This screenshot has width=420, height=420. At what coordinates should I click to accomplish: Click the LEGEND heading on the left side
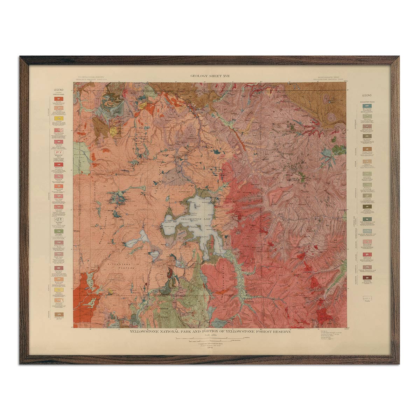58,90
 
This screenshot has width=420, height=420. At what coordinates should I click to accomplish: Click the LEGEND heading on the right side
367,95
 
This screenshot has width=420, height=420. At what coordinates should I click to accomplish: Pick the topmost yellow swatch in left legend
58,119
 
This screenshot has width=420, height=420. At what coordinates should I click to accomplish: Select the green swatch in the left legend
58,232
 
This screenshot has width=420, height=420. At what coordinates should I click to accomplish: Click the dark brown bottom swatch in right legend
367,278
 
